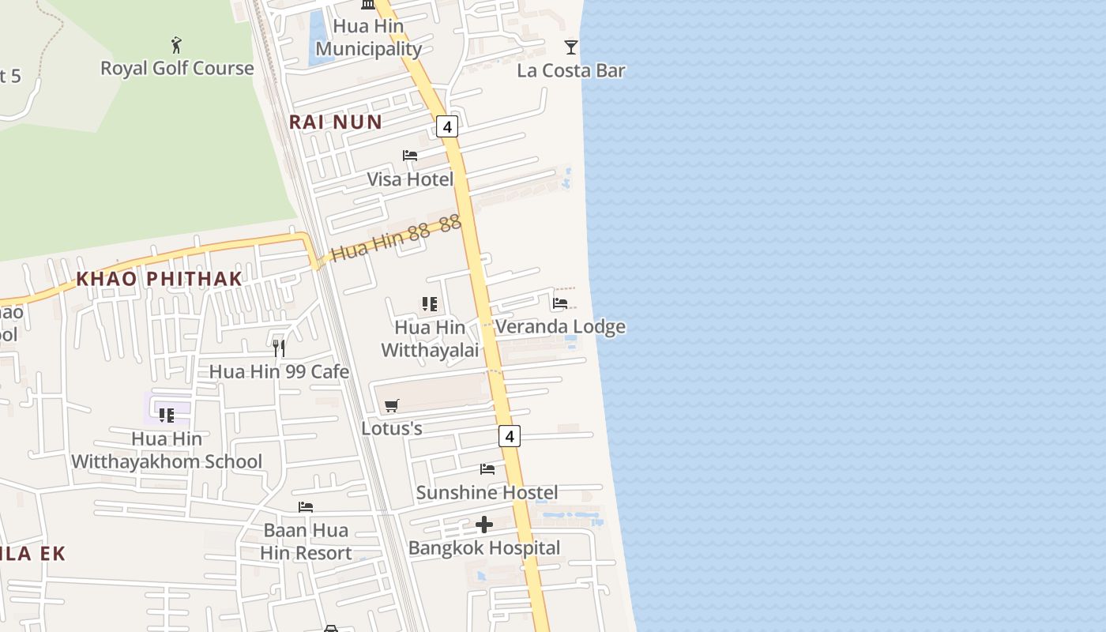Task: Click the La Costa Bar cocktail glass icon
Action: point(571,47)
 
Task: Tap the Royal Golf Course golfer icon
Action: point(176,45)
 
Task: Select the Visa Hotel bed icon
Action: point(410,156)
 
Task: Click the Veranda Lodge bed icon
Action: point(560,303)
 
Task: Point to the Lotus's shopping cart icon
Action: point(391,406)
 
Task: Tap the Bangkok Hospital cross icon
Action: point(484,525)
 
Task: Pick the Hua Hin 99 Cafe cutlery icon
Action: point(278,348)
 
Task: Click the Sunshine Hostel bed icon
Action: point(487,469)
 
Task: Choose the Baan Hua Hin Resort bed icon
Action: point(306,506)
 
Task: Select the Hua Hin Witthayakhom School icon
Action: point(167,415)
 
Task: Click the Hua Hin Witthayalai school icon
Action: point(430,304)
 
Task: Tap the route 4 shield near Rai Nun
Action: point(447,126)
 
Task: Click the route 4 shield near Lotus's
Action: point(510,435)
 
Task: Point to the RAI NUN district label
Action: point(335,122)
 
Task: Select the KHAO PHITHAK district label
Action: point(159,279)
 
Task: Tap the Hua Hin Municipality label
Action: point(368,37)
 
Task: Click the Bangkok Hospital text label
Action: point(484,547)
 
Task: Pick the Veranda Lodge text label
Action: point(560,326)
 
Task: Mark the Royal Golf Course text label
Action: point(177,68)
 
